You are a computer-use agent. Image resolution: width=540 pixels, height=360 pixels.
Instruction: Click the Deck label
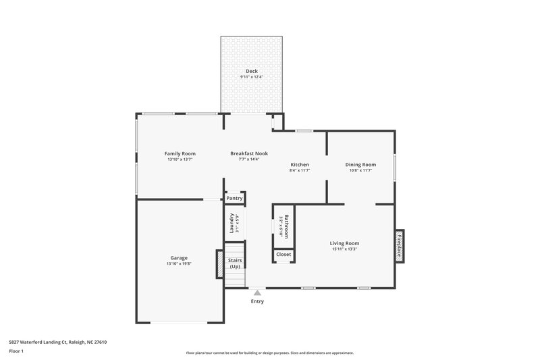click(251, 71)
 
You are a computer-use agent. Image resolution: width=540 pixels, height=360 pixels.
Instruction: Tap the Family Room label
click(180, 153)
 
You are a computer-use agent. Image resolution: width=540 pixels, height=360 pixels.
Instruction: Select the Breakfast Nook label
click(248, 153)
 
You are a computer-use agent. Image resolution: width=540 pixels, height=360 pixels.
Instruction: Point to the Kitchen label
click(300, 165)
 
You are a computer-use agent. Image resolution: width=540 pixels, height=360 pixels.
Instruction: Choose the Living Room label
click(344, 243)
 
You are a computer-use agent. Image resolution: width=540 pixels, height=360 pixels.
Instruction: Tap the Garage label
click(179, 258)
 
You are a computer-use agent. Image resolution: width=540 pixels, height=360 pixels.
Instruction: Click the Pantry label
click(234, 198)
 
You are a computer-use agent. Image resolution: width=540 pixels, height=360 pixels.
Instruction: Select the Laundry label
click(232, 224)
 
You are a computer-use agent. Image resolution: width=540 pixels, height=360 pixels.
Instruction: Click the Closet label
click(283, 255)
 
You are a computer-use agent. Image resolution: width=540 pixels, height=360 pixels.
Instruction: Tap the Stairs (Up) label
click(235, 263)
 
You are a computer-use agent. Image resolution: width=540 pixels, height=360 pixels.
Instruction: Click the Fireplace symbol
click(399, 245)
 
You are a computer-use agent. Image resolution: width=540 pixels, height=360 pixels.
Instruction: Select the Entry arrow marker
click(257, 292)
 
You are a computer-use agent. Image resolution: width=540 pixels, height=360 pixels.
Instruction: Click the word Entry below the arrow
click(257, 301)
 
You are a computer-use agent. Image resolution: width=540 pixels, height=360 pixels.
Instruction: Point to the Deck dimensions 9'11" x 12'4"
click(251, 77)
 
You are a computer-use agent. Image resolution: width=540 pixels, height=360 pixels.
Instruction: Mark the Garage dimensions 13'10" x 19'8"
click(179, 264)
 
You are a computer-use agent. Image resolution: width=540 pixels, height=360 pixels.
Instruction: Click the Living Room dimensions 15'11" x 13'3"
click(344, 249)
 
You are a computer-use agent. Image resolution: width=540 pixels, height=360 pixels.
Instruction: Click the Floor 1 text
click(16, 351)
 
